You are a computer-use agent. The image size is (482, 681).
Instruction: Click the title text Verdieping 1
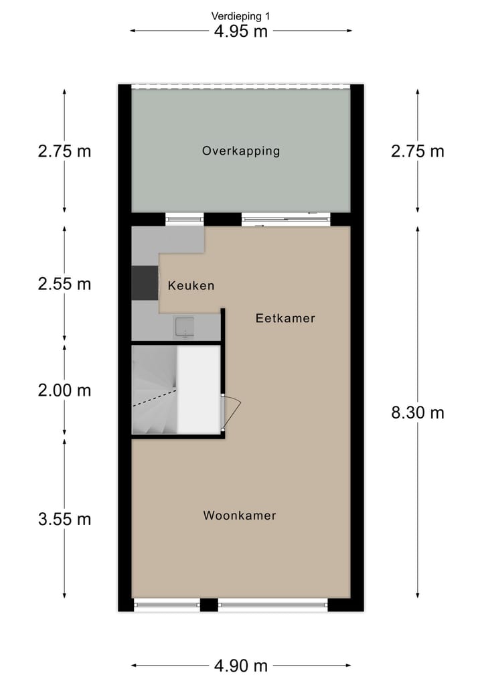pos(241,16)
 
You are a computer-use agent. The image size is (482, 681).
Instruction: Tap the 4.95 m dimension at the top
pos(241,31)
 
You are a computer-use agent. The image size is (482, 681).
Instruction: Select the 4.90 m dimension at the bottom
pos(241,666)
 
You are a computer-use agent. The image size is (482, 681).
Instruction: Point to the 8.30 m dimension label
pos(418,412)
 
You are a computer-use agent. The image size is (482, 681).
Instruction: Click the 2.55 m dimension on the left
pos(64,284)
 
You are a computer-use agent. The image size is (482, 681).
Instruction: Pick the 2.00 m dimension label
pos(64,390)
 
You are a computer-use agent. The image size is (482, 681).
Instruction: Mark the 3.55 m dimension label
pos(64,519)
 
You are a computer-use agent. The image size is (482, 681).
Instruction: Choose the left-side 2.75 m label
pos(64,151)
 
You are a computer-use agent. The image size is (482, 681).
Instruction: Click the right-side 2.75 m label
pos(418,151)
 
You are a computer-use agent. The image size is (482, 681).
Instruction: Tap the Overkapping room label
pos(241,151)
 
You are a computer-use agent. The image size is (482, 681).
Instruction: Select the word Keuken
pos(191,286)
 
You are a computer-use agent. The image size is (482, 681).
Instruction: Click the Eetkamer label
pos(285,319)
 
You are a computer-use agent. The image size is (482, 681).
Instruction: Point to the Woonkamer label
pos(240,516)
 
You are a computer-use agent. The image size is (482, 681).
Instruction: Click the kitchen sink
pos(184,326)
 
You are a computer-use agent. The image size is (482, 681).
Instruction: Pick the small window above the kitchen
pos(184,218)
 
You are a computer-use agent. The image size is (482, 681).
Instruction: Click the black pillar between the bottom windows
pos(210,605)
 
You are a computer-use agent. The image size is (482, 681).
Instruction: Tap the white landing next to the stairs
pos(198,390)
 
